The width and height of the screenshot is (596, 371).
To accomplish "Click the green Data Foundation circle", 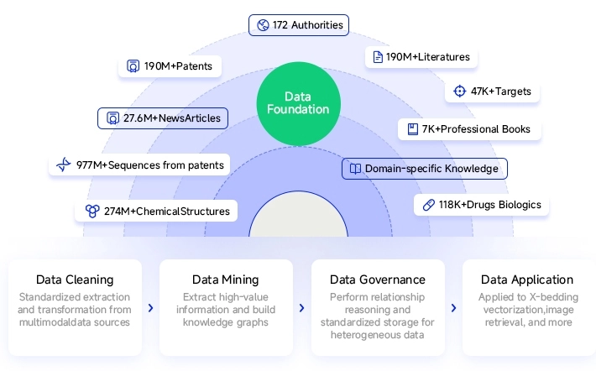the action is (x=298, y=104).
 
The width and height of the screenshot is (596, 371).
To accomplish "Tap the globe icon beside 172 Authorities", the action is (x=263, y=25).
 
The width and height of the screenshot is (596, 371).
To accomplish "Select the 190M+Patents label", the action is (x=170, y=66).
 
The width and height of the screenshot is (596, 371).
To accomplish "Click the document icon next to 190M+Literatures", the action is (x=378, y=57).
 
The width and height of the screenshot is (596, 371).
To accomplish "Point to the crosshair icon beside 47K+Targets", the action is (x=459, y=91).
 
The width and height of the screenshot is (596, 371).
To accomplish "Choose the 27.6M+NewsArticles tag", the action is (x=163, y=118).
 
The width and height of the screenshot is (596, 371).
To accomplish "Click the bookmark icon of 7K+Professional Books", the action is (x=413, y=129).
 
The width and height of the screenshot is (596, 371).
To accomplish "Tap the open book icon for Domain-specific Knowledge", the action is (x=355, y=169).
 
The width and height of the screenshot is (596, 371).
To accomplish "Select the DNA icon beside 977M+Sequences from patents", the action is (x=64, y=165).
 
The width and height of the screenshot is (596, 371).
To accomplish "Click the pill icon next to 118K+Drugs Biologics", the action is (x=429, y=205).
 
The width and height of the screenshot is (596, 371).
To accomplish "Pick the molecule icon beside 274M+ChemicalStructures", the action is (x=92, y=211).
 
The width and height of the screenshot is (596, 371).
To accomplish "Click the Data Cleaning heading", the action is (x=75, y=280).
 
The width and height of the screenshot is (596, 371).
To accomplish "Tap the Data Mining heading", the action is (x=226, y=280).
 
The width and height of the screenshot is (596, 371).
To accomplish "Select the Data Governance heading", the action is (x=378, y=280).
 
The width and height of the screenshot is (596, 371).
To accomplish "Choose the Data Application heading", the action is (x=527, y=280).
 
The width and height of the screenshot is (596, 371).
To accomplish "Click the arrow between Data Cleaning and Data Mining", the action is (x=150, y=308).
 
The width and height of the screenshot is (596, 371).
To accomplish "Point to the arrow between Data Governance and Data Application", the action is (x=453, y=308).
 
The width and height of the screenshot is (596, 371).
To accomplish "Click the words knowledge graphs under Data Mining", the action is (x=226, y=322).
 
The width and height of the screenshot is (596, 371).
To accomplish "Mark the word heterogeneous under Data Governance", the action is (x=358, y=335).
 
